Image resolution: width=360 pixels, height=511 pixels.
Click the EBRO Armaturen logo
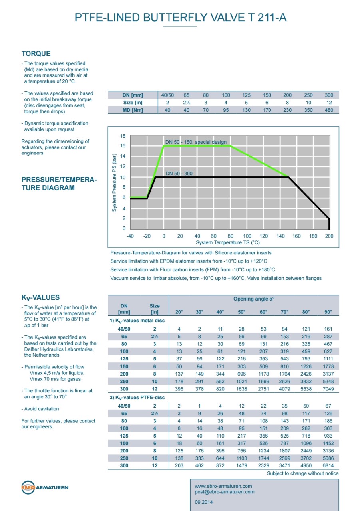(44, 487)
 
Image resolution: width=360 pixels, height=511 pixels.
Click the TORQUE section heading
(36, 54)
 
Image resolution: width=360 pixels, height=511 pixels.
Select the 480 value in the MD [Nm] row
(329, 110)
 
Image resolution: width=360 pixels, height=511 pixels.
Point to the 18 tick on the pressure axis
(123, 136)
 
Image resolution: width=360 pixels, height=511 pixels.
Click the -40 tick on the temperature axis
(130, 236)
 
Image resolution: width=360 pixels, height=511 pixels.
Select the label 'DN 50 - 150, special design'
(196, 142)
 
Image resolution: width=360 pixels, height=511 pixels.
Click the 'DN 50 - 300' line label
(179, 174)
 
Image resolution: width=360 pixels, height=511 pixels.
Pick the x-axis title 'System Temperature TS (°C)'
(228, 242)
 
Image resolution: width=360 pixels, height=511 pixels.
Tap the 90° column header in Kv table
(328, 312)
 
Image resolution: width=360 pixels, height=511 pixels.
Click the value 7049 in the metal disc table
(328, 389)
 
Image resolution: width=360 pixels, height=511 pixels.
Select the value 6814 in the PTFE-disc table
(328, 465)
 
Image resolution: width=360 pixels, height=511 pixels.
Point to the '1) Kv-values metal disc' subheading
(137, 321)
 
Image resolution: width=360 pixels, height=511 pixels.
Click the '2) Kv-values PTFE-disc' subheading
(137, 398)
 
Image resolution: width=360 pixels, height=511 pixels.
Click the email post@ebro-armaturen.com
(224, 492)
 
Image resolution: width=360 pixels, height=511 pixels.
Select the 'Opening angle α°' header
(254, 299)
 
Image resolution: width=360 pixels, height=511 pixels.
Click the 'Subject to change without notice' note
(302, 473)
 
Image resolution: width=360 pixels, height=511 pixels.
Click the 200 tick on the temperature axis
(329, 236)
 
